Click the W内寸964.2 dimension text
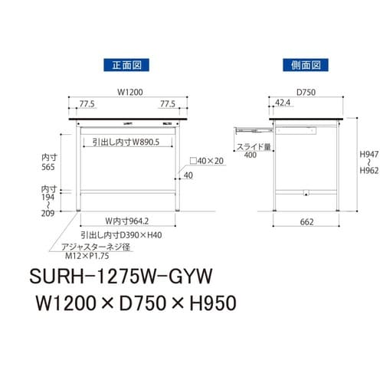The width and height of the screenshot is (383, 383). click(x=128, y=221)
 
